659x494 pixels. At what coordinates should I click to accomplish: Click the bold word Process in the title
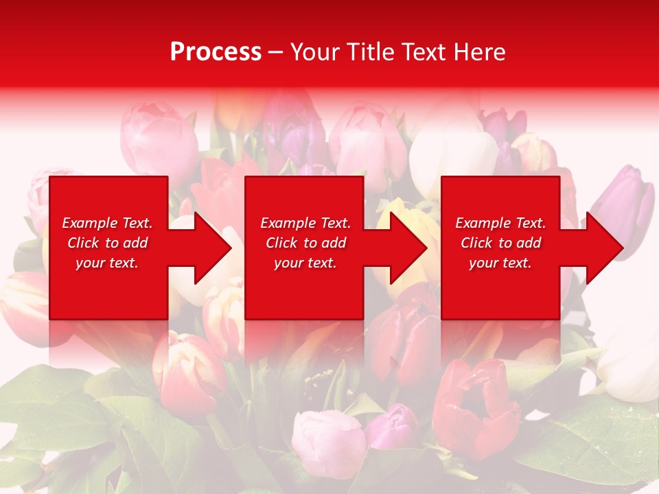pyautogui.click(x=216, y=52)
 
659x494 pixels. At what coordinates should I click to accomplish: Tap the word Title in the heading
pyautogui.click(x=371, y=52)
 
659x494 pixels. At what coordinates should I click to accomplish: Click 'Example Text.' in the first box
pyautogui.click(x=107, y=223)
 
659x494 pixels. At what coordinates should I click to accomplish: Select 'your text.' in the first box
pyautogui.click(x=107, y=263)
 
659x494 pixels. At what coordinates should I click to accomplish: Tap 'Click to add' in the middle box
pyautogui.click(x=305, y=243)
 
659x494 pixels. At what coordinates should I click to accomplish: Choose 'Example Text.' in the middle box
pyautogui.click(x=305, y=223)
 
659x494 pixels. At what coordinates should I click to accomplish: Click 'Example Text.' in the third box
pyautogui.click(x=500, y=223)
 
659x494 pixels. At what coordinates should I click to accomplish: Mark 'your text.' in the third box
pyautogui.click(x=500, y=263)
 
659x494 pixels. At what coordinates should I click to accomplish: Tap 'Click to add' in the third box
pyautogui.click(x=500, y=243)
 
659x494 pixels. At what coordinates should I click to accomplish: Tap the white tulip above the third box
pyautogui.click(x=453, y=148)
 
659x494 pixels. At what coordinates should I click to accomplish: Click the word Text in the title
pyautogui.click(x=427, y=52)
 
